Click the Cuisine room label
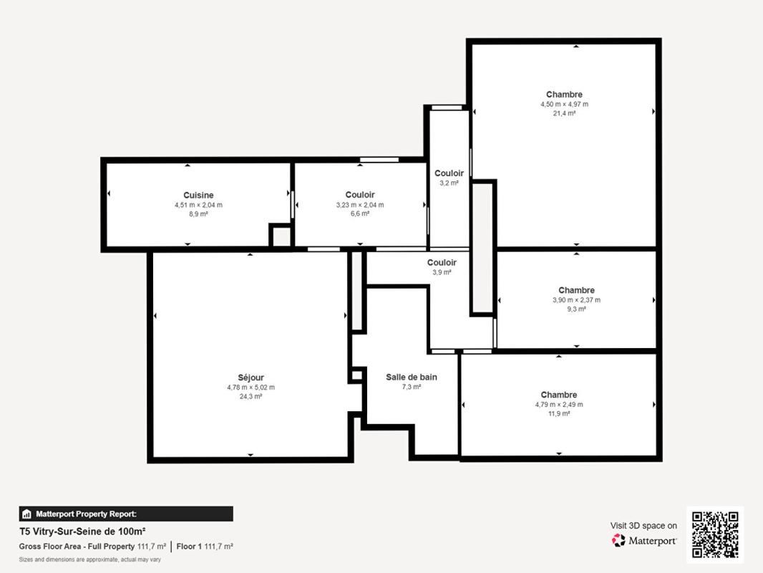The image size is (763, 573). point(198,195)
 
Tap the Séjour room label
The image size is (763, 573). point(251,377)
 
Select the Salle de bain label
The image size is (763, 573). point(411,377)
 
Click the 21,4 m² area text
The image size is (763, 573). point(564,113)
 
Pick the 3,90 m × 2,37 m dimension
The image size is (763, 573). point(576,300)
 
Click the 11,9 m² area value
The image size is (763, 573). point(558,413)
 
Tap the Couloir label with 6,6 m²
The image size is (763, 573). point(359,195)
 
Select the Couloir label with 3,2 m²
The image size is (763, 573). point(449,173)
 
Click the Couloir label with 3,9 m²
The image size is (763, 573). point(442,262)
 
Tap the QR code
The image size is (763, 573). point(715,534)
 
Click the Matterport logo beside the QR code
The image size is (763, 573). point(644,541)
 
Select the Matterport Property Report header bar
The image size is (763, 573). point(125,514)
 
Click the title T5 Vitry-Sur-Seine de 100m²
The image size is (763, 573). point(82,531)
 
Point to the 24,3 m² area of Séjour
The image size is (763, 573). point(251,396)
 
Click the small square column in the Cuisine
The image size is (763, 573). point(280,236)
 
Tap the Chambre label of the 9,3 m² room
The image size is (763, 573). point(576,290)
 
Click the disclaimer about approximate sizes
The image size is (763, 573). point(89,559)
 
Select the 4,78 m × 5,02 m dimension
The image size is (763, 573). point(251,387)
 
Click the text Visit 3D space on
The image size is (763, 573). point(643,526)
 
